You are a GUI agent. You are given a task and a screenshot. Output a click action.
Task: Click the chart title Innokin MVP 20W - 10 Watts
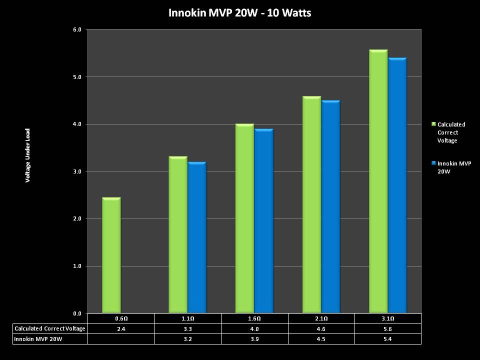tap(240, 13)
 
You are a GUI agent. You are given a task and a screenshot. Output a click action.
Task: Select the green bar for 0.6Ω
tap(111, 255)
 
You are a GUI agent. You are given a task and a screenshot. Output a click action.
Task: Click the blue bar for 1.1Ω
tap(197, 237)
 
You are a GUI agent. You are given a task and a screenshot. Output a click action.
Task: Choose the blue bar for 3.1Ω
tap(397, 185)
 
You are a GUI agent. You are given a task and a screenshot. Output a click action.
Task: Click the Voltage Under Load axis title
tap(28, 155)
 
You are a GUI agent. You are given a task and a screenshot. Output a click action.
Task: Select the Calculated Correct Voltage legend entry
tap(451, 132)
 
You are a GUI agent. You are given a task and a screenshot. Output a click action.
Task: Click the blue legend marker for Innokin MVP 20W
tap(433, 163)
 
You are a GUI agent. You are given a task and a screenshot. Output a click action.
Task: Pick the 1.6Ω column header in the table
tap(254, 318)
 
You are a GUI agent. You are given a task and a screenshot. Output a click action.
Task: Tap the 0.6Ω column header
tap(121, 318)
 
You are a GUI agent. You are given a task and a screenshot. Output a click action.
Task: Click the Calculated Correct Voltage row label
tap(50, 328)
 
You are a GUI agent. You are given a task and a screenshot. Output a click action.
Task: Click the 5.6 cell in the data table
tap(388, 328)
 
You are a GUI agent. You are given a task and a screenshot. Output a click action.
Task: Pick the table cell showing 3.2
tap(188, 339)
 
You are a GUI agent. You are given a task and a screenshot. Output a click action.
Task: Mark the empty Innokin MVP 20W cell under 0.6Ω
tap(121, 339)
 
